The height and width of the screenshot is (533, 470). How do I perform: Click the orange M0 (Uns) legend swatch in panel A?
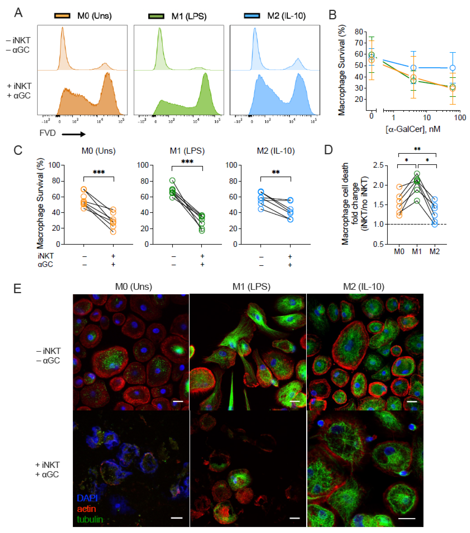(x=62, y=16)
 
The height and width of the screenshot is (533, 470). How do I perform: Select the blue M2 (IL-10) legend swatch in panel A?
(x=252, y=16)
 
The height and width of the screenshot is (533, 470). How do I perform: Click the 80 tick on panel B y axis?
(x=359, y=32)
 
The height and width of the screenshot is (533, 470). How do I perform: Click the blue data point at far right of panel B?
(x=453, y=68)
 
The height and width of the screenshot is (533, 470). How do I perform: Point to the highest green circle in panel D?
(x=417, y=174)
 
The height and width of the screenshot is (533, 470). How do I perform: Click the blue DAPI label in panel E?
(x=87, y=498)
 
